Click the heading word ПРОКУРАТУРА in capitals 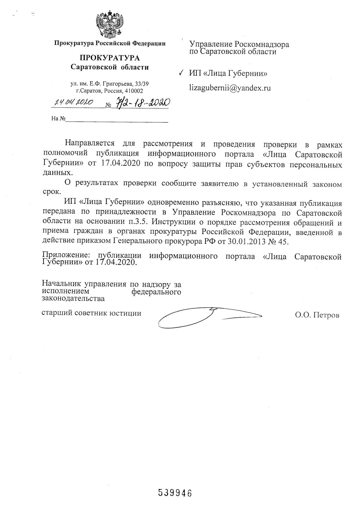pos(110,58)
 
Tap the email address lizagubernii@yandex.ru pos(230,88)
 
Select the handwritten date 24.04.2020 pos(74,102)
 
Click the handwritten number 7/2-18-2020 pos(143,103)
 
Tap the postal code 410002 pos(134,91)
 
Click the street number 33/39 pos(142,84)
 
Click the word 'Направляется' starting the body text pos(89,143)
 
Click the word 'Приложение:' pos(67,256)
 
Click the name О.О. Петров pos(317,315)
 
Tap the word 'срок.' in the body pos(52,192)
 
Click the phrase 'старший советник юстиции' pos(92,313)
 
